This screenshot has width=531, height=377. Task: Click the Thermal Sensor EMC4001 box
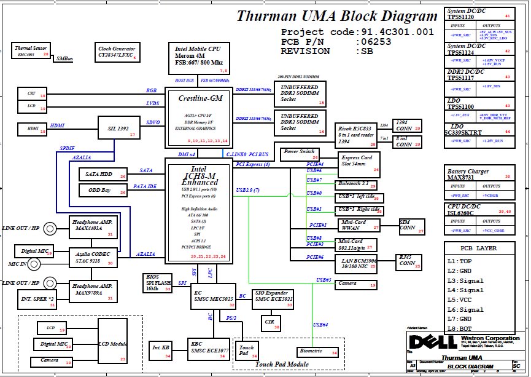click(32, 51)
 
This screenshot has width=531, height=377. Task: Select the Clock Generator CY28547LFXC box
click(117, 52)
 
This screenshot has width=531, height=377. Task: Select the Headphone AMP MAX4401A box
click(93, 228)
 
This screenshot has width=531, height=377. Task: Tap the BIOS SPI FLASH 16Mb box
click(157, 283)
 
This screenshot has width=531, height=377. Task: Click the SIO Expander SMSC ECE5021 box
click(273, 298)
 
